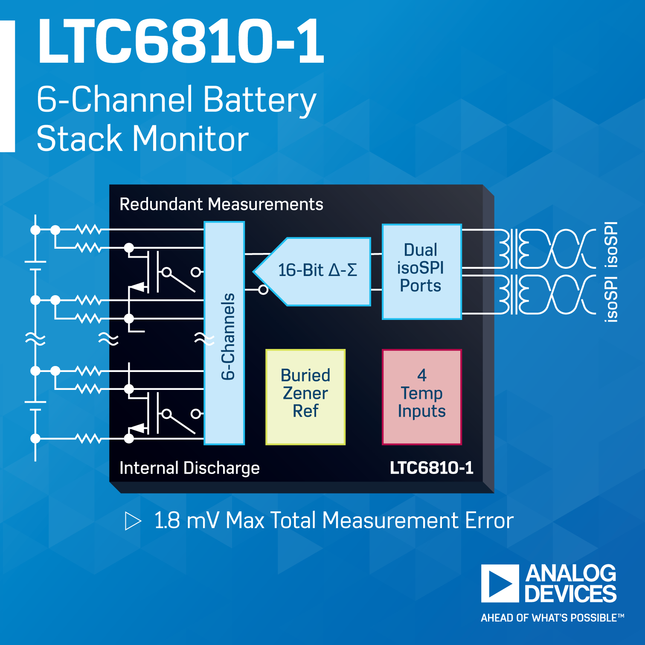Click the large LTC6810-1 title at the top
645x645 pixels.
coord(181,41)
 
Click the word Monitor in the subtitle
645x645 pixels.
coord(190,139)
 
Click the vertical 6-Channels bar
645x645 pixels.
coord(224,333)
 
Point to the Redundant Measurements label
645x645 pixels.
coord(221,204)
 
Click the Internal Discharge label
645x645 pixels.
coord(189,468)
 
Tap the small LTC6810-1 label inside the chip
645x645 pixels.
coord(431,468)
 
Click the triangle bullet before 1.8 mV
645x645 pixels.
coord(132,521)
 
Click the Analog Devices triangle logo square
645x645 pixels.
coord(500,583)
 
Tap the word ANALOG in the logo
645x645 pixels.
coord(571,573)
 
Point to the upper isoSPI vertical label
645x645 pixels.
coord(611,244)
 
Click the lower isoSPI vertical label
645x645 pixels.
coord(611,299)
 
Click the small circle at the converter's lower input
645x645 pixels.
coord(264,290)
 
